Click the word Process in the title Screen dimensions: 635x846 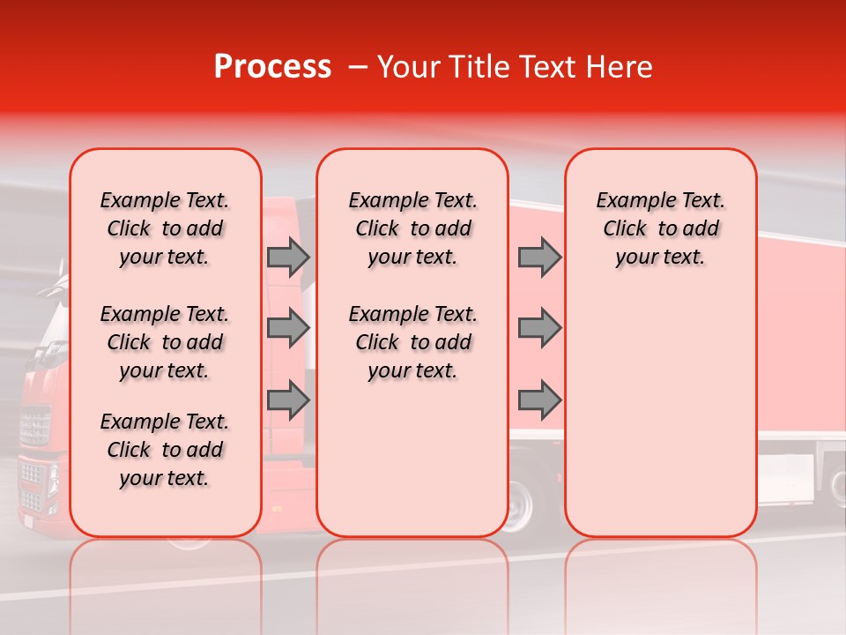(272, 67)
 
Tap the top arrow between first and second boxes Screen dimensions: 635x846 (288, 257)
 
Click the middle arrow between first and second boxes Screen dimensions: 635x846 (288, 328)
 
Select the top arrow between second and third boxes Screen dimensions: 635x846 (539, 257)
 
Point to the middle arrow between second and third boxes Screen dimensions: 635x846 (539, 328)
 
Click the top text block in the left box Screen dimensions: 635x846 (165, 228)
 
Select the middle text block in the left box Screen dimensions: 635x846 (165, 342)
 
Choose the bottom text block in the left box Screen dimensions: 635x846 (165, 450)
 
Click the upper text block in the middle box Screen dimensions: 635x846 (412, 228)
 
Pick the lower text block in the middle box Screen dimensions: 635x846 (412, 342)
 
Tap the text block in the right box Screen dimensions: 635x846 (660, 228)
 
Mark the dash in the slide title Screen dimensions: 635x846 (357, 67)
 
